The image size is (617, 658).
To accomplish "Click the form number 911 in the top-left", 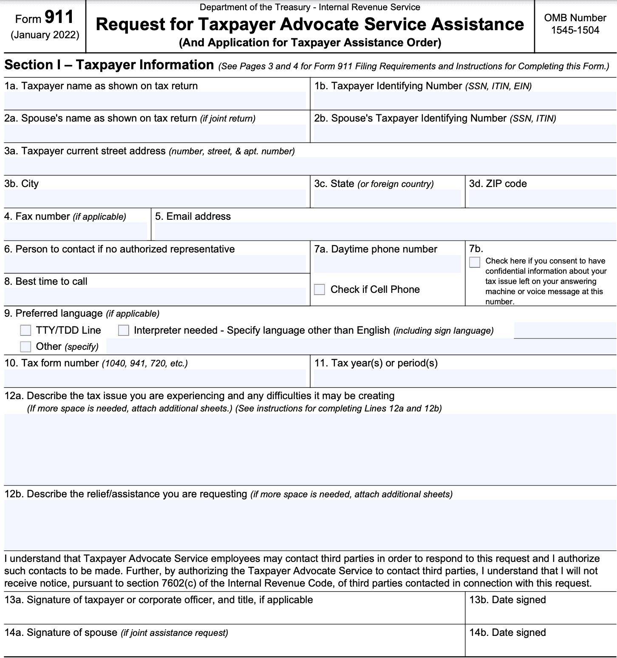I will tap(59, 17).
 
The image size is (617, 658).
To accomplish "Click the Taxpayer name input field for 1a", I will tap(155, 101).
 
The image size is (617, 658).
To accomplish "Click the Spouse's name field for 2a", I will tap(155, 133).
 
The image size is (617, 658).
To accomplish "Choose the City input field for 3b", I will tap(155, 199).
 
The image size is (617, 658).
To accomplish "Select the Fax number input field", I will tap(75, 231).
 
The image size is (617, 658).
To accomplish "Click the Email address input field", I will tap(385, 231).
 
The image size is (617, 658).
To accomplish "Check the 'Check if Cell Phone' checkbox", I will tap(320, 289).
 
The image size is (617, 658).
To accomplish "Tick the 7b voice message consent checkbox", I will tap(475, 262).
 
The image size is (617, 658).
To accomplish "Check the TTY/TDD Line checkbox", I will tap(25, 330).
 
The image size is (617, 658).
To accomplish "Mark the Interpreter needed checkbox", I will tap(124, 330).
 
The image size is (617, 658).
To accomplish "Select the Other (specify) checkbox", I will tap(25, 346).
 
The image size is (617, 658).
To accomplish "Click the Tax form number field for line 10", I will tap(155, 378).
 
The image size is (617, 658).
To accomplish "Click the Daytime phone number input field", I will tap(387, 264).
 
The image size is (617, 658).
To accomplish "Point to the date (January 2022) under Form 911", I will tap(45, 35).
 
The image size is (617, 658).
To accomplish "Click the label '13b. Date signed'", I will tap(507, 600).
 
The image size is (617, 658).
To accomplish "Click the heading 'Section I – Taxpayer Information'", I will tap(109, 65).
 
